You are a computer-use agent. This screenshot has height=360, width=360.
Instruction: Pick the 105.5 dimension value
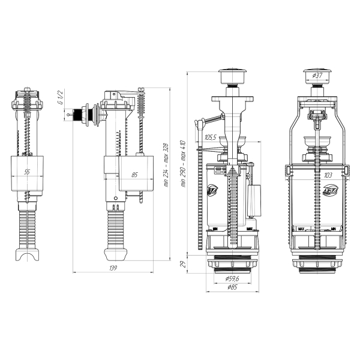click(211, 138)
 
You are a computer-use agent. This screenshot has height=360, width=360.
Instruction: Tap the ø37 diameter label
click(317, 76)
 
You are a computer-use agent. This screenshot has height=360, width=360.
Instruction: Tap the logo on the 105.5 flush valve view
click(212, 190)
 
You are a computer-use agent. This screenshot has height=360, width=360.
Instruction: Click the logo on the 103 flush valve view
click(330, 190)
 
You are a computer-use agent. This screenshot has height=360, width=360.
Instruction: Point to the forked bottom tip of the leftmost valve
click(26, 258)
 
